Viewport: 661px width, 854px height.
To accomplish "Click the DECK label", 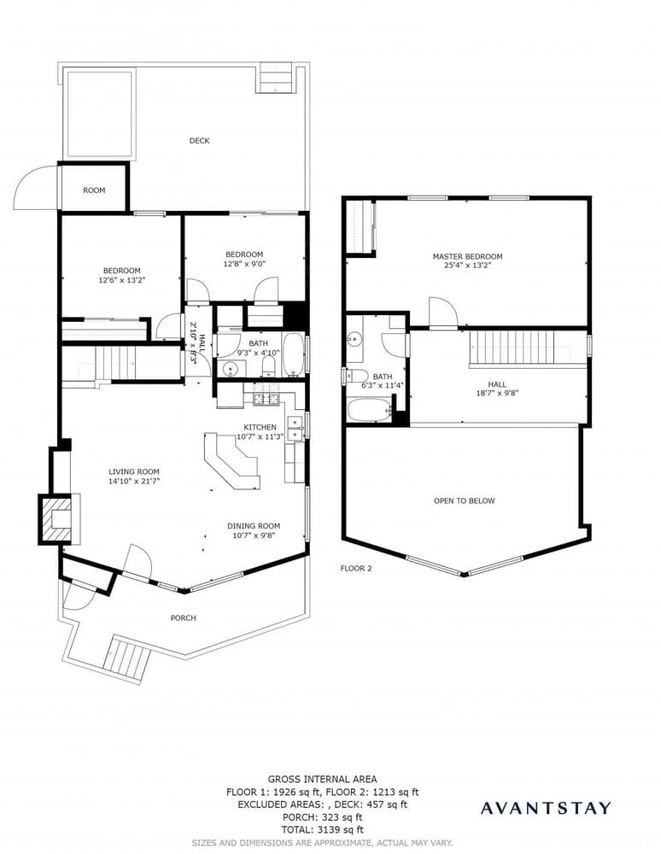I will [199, 141].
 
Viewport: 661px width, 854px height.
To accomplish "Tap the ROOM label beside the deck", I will [94, 190].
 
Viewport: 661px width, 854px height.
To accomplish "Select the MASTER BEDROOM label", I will [467, 256].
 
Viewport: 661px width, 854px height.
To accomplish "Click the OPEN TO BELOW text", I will [464, 500].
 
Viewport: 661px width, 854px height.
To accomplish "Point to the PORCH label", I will [183, 617].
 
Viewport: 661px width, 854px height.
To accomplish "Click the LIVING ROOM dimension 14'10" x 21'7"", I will [134, 482].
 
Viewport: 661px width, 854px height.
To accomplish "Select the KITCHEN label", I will [260, 427].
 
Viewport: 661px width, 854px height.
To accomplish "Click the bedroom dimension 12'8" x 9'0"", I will [244, 264].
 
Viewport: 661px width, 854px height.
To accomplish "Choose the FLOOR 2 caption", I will [356, 568].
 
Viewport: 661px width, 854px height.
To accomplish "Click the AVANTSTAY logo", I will [546, 808].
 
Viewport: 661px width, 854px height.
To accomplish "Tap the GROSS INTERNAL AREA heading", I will [323, 779].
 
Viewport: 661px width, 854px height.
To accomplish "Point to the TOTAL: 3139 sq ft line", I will [323, 829].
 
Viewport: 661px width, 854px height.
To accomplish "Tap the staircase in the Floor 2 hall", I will [513, 348].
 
